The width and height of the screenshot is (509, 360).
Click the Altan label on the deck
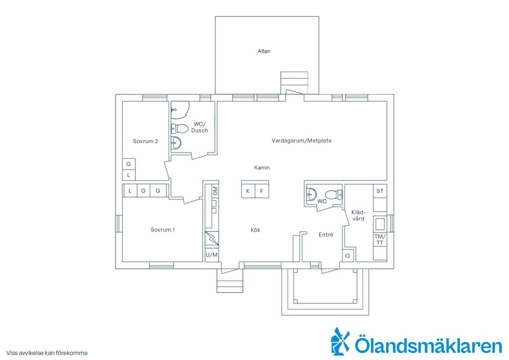(263, 51)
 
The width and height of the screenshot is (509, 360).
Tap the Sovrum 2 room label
(146, 141)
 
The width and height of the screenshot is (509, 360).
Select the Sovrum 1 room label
(163, 230)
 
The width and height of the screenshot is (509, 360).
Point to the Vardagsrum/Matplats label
(302, 141)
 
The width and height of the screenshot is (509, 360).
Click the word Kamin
(262, 168)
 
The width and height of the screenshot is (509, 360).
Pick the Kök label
(255, 230)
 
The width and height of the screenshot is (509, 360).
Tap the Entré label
(326, 235)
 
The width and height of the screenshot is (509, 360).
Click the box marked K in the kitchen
(248, 191)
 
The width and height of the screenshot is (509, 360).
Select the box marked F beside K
(261, 191)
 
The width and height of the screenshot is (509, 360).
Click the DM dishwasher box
(215, 191)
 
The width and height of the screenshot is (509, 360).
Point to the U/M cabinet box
(212, 255)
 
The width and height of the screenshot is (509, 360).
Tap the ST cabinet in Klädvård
(380, 191)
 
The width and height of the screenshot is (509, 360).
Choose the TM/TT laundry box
(380, 240)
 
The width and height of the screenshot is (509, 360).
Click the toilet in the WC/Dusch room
(179, 129)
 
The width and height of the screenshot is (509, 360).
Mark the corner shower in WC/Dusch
(179, 110)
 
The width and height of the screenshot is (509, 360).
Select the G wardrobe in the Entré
(347, 256)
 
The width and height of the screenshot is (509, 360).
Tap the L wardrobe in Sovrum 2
(129, 176)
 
